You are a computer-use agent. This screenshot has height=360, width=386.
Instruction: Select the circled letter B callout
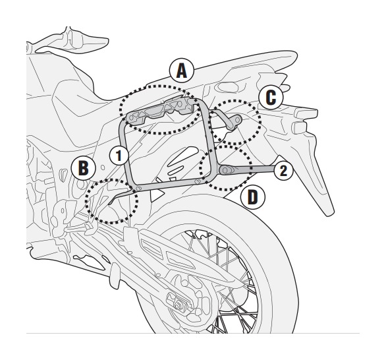coord(83,167)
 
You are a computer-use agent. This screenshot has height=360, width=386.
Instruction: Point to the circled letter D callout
coord(252,197)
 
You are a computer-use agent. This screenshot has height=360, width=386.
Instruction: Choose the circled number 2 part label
coord(281,171)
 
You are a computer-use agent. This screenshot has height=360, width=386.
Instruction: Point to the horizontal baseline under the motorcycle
coord(198,334)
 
